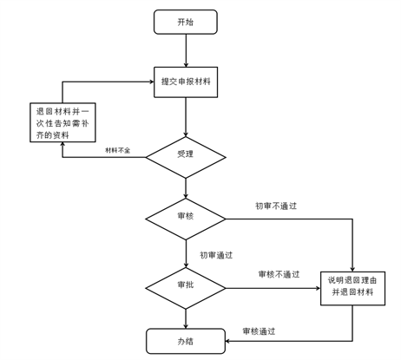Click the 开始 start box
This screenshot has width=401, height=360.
pyautogui.click(x=186, y=22)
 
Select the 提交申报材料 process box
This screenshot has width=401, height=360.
pyautogui.click(x=186, y=82)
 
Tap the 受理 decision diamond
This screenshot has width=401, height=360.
pyautogui.click(x=186, y=157)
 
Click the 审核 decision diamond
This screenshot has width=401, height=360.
pyautogui.click(x=186, y=219)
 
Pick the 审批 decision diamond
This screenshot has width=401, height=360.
pyautogui.click(x=186, y=288)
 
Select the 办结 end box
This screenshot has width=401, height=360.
pyautogui.click(x=186, y=341)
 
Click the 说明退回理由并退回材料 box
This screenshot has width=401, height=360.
pyautogui.click(x=352, y=288)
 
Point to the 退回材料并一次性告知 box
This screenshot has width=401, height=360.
pyautogui.click(x=62, y=122)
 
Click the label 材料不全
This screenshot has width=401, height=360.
pyautogui.click(x=117, y=150)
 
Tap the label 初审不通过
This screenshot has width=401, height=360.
pyautogui.click(x=276, y=206)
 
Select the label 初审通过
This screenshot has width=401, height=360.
pyautogui.click(x=216, y=255)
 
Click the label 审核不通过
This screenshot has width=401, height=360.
pyautogui.click(x=279, y=274)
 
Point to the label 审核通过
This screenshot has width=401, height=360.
pyautogui.click(x=259, y=331)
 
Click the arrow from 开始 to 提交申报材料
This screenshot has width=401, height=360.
pyautogui.click(x=186, y=50)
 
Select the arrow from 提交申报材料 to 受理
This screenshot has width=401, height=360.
pyautogui.click(x=186, y=117)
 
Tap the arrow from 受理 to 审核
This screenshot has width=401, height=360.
pyautogui.click(x=186, y=188)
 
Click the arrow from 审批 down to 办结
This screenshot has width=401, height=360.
pyautogui.click(x=186, y=319)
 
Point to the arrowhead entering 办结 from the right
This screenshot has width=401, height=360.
pyautogui.click(x=227, y=341)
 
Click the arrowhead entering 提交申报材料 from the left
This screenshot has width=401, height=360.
pyautogui.click(x=151, y=82)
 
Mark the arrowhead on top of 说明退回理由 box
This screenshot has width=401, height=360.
pyautogui.click(x=352, y=269)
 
